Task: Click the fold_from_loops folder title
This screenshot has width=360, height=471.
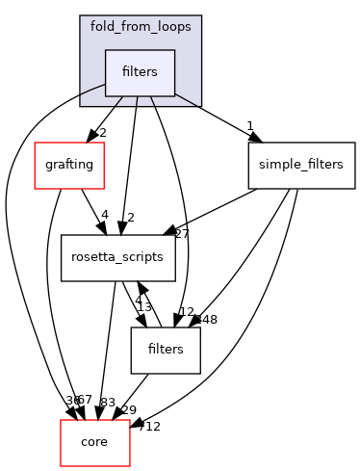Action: [x=141, y=26]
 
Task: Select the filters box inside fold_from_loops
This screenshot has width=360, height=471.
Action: [x=140, y=73]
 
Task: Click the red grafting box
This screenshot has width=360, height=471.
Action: [x=68, y=165]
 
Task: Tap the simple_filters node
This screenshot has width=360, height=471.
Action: [x=302, y=165]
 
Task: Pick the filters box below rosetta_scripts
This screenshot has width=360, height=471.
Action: [x=166, y=350]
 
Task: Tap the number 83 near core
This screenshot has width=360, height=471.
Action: [x=108, y=402]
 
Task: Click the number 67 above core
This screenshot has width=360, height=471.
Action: [x=84, y=400]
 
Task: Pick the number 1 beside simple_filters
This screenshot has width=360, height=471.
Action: [x=249, y=125]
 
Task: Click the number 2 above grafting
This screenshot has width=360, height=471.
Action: [x=103, y=132]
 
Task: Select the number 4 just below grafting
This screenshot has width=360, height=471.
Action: [x=104, y=214]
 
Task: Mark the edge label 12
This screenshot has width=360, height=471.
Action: [x=187, y=312]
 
